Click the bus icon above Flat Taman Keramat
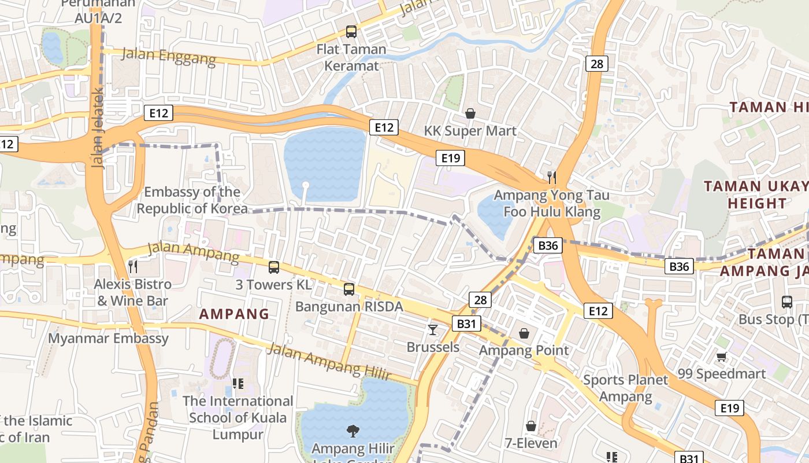(351, 32)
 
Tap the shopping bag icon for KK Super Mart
(470, 113)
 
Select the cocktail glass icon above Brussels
(432, 330)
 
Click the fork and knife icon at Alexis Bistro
(133, 266)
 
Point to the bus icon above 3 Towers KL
(274, 267)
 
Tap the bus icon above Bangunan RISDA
(348, 289)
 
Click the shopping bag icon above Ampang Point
(524, 333)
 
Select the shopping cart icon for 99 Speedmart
(721, 357)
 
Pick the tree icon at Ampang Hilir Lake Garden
(352, 431)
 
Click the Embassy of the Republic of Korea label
(192, 200)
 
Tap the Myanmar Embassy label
(108, 338)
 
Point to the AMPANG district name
(234, 314)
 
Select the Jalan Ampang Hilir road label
(329, 362)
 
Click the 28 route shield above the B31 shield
(480, 299)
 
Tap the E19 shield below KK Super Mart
(450, 158)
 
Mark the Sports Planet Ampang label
(625, 388)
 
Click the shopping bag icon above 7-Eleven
(530, 427)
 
